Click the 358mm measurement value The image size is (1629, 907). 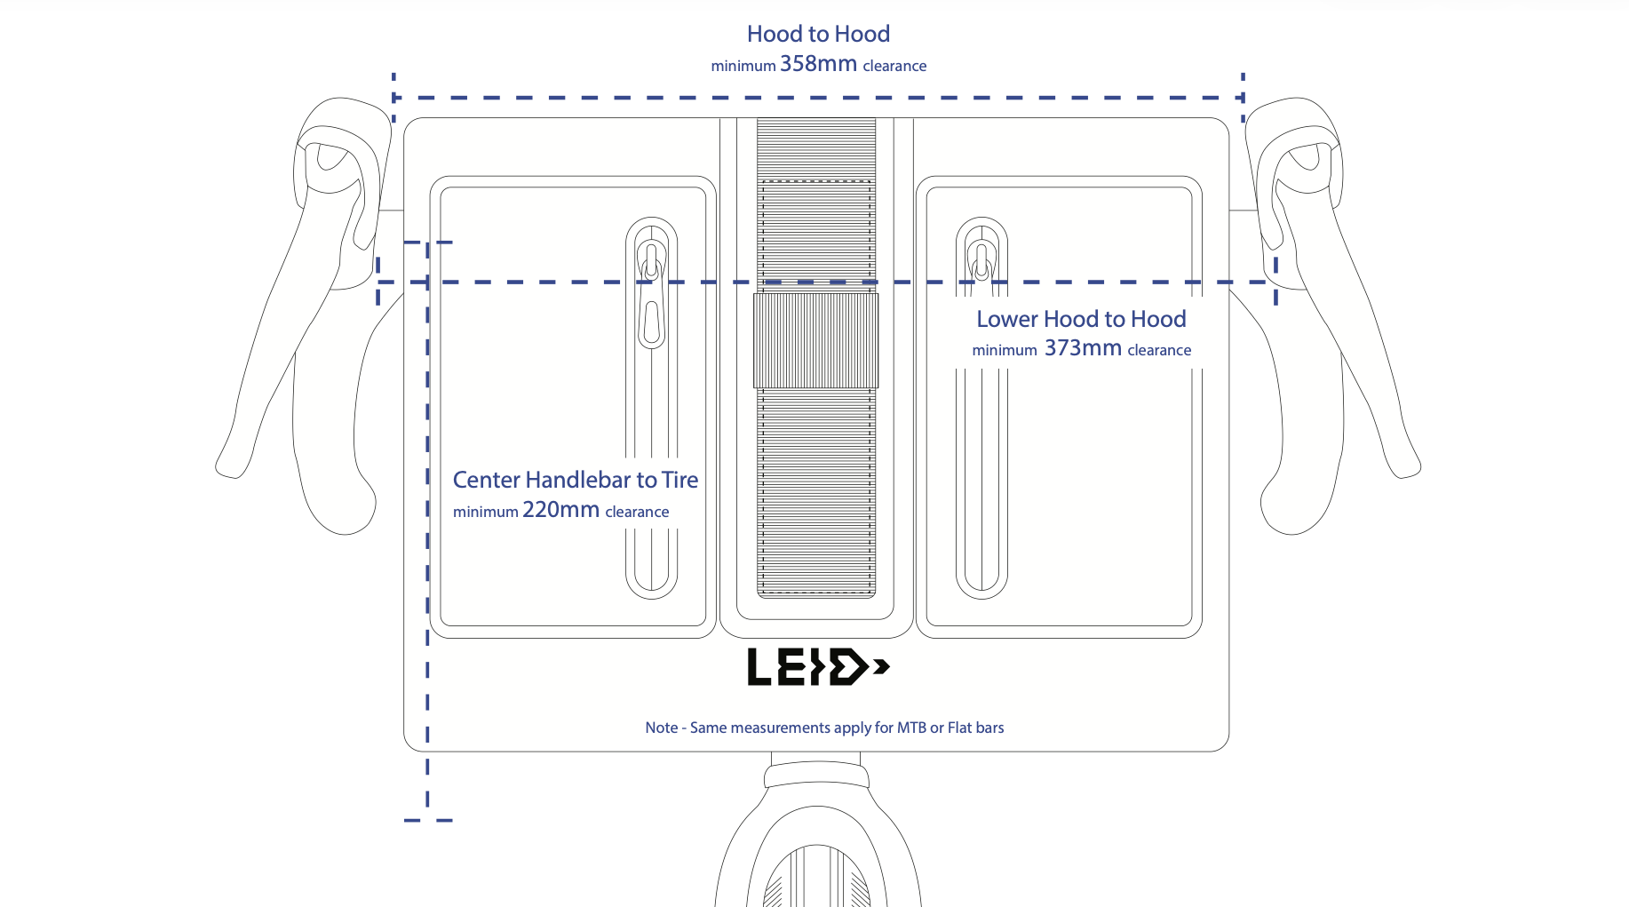point(818,64)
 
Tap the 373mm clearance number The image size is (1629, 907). point(1083,348)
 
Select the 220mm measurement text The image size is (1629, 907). point(560,510)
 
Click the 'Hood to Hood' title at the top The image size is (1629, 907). point(818,34)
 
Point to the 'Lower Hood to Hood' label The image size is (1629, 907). point(1081,319)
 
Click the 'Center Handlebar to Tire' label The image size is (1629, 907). point(576,480)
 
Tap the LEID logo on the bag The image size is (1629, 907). point(818,667)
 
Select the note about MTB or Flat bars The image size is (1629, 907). point(824,728)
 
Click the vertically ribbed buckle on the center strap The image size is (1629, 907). point(816,340)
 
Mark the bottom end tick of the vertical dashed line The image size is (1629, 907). point(428,820)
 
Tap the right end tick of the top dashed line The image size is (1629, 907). point(1243,96)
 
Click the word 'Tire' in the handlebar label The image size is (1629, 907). point(679,480)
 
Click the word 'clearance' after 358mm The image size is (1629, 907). point(894,66)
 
